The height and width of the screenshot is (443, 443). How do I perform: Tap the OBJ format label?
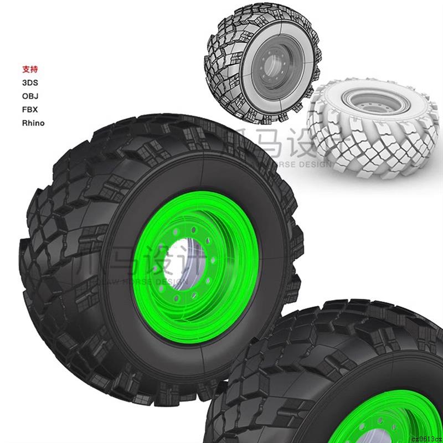tap(30, 96)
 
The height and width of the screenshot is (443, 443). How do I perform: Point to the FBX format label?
tap(30, 110)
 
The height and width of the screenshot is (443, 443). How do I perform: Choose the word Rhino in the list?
tap(33, 123)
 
